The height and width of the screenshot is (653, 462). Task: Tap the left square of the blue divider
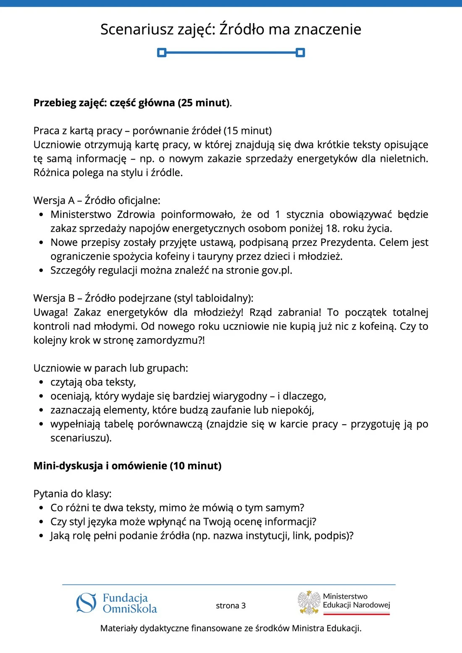tap(162, 52)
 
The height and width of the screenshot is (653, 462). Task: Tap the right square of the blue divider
tap(300, 52)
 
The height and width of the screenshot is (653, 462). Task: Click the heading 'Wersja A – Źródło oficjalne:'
tap(97, 201)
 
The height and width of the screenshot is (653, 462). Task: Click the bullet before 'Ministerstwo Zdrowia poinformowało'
tap(41, 215)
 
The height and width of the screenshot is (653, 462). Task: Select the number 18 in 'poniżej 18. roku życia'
tap(331, 229)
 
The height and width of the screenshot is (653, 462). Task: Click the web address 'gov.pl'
tap(276, 270)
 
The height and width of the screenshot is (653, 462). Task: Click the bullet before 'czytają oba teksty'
tap(41, 382)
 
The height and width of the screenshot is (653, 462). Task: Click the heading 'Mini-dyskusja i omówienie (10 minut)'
tap(127, 466)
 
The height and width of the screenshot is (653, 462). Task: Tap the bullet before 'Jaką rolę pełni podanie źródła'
tap(41, 536)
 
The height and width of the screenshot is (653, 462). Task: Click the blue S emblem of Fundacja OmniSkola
tap(86, 603)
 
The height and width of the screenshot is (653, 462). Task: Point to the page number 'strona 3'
tap(231, 606)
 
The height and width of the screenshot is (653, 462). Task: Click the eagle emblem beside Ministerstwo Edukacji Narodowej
tap(309, 603)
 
